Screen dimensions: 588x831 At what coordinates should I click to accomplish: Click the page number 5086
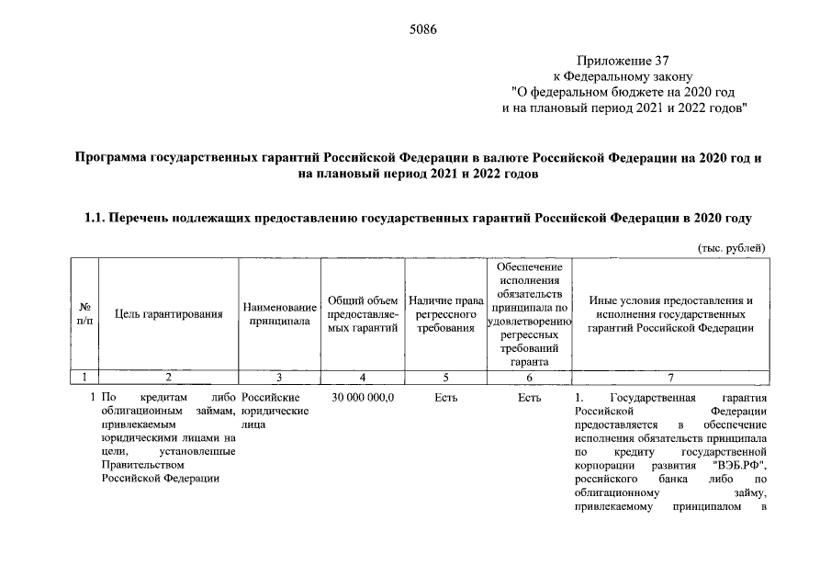[422, 28]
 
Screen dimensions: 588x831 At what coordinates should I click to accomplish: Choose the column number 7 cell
[670, 377]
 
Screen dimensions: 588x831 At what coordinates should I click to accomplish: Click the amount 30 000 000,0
[363, 397]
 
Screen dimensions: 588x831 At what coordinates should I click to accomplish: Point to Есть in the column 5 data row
[445, 397]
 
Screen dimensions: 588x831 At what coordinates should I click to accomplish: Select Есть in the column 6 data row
[529, 397]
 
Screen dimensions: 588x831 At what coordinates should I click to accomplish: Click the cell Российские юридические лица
[275, 411]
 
